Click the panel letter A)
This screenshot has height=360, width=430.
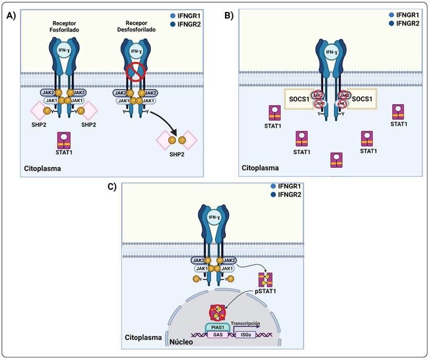coord(10,16)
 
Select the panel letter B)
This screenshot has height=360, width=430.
coord(229,16)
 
